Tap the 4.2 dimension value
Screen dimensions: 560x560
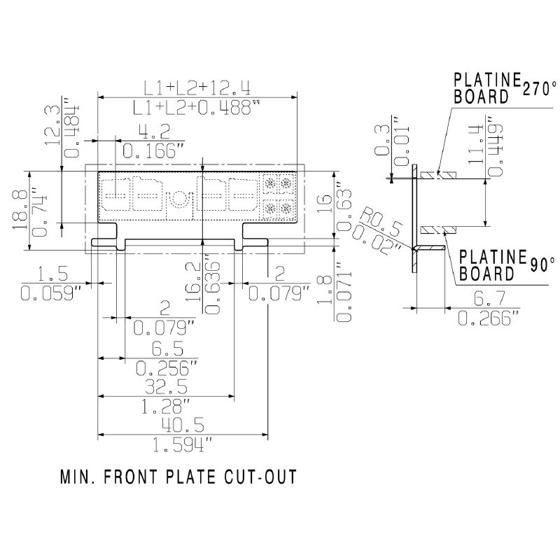[153, 132]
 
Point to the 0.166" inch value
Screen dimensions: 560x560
[153, 149]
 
